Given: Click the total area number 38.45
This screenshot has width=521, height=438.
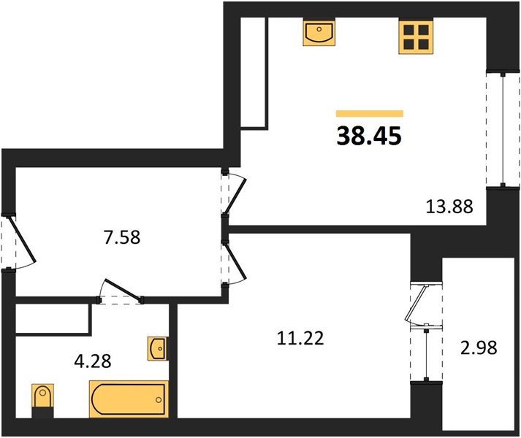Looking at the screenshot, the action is tap(369, 137).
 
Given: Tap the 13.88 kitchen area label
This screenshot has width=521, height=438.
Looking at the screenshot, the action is tap(449, 206).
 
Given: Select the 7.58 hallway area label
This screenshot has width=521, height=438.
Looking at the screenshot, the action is tap(122, 237).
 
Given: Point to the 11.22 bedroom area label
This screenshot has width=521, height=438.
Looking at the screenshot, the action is tap(300, 339).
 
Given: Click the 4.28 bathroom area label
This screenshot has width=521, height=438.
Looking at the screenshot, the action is tap(93, 361).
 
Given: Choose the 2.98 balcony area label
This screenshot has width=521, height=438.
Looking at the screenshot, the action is tap(479, 348).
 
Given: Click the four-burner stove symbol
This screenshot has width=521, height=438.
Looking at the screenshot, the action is tap(417, 36).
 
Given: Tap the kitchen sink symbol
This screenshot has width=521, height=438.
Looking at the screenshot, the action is tap(319, 32).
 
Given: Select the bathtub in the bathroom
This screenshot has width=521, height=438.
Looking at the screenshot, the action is tap(129, 399).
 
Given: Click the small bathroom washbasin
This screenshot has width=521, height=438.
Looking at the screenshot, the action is tap(158, 349).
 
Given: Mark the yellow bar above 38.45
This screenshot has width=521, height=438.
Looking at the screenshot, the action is tap(370, 114).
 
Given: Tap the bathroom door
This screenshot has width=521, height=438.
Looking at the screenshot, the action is tap(121, 292).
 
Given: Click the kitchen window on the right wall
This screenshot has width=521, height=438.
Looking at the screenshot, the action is tap(503, 129).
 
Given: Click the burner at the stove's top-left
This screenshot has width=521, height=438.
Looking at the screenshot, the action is tap(408, 29).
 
